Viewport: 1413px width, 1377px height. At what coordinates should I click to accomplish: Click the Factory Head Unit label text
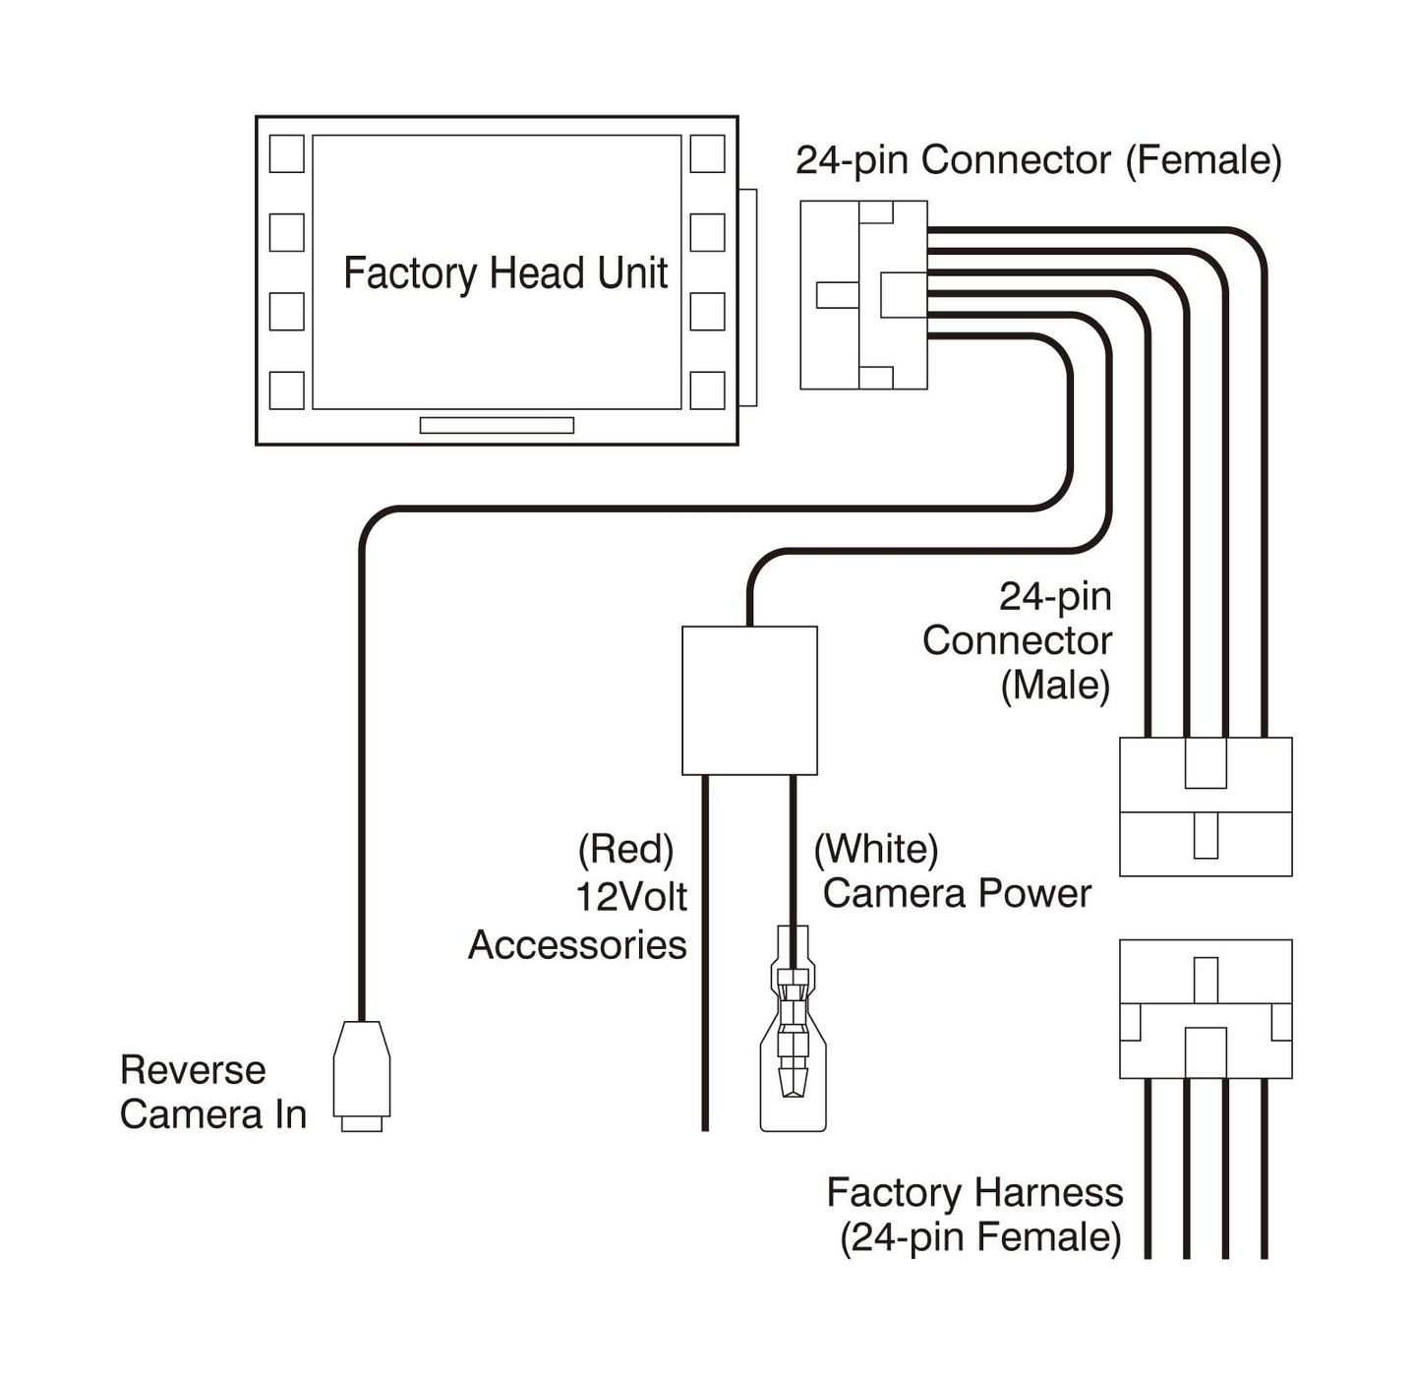point(505,273)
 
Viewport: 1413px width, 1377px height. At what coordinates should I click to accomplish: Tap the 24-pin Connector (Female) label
point(1038,160)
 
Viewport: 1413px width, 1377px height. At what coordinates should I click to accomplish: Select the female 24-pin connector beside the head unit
point(863,295)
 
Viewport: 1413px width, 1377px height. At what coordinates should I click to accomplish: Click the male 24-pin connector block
point(1206,807)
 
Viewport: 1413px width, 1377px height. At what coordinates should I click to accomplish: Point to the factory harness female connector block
point(1206,1008)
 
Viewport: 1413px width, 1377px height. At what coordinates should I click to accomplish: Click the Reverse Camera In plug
point(362,1074)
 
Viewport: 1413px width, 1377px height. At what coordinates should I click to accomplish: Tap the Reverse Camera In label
point(212,1092)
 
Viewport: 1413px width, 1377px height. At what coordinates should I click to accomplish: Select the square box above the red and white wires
point(749,700)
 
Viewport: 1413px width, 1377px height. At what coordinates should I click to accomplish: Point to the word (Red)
point(625,849)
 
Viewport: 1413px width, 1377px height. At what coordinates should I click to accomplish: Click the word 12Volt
point(631,897)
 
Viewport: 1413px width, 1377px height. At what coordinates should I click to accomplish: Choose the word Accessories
point(577,945)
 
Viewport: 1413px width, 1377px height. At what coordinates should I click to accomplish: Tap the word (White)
point(876,849)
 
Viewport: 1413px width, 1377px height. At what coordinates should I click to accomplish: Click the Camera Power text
point(957,893)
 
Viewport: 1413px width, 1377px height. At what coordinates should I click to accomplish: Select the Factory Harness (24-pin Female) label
point(975,1215)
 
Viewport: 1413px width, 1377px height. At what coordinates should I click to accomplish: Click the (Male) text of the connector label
point(1055,686)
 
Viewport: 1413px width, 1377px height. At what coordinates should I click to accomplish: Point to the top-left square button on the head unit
point(287,154)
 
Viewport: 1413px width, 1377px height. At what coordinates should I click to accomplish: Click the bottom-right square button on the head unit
point(707,390)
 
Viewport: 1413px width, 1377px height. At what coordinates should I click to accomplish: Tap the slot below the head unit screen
point(497,425)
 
